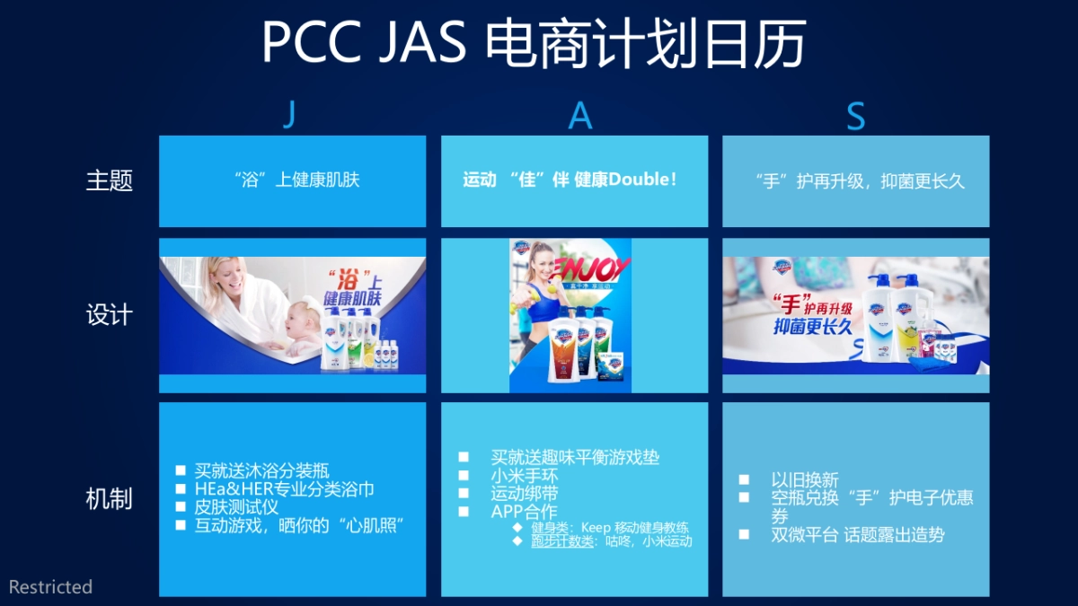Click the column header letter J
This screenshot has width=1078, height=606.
point(288,115)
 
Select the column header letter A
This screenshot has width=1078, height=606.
point(580,115)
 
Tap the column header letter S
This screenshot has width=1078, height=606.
point(856,117)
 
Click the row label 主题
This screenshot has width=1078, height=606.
point(109,180)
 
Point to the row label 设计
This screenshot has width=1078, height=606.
point(109,315)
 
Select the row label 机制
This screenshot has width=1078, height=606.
point(109,499)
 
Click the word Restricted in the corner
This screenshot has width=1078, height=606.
point(50,587)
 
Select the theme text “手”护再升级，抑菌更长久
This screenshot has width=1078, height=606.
point(860,180)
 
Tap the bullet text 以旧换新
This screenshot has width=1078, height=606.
point(805,479)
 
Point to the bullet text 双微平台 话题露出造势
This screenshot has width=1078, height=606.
point(858,535)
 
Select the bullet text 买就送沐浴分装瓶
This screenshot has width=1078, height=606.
point(262,470)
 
